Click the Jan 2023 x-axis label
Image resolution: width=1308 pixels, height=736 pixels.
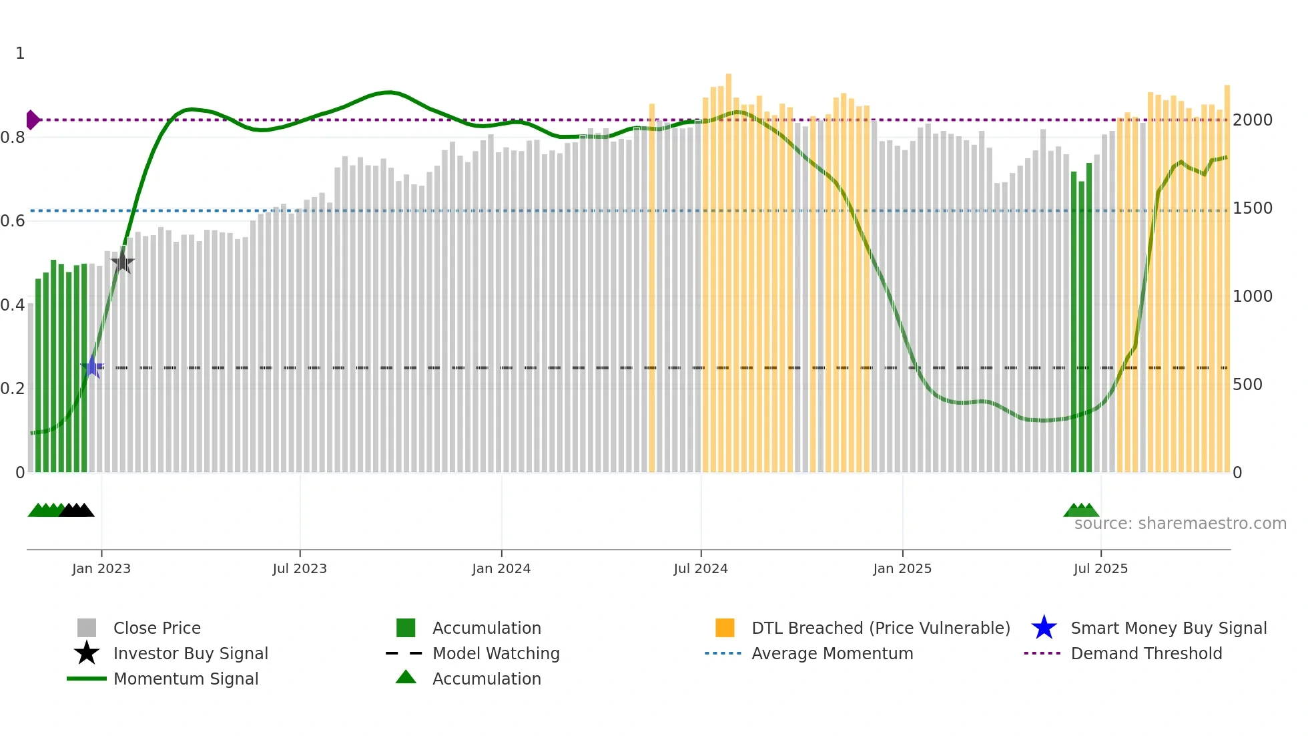pyautogui.click(x=101, y=569)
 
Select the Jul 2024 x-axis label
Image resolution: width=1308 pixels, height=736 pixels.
pyautogui.click(x=701, y=569)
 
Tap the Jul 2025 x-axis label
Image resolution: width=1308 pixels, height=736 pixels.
pyautogui.click(x=1100, y=569)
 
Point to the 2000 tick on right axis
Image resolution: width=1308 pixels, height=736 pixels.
pyautogui.click(x=1253, y=120)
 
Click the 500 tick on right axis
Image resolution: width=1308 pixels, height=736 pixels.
pyautogui.click(x=1247, y=385)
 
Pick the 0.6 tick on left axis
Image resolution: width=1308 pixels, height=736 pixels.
pyautogui.click(x=13, y=221)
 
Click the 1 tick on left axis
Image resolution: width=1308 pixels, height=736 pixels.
pyautogui.click(x=20, y=53)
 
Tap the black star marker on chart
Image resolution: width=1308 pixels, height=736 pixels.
pyautogui.click(x=123, y=262)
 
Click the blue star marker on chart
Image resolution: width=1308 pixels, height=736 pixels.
pyautogui.click(x=92, y=367)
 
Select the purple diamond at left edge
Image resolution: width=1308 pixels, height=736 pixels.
pyautogui.click(x=32, y=120)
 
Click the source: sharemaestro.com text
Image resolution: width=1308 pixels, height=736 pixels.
pyautogui.click(x=1180, y=524)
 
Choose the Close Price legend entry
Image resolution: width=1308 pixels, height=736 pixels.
pyautogui.click(x=157, y=628)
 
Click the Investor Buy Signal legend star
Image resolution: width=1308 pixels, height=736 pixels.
pyautogui.click(x=87, y=653)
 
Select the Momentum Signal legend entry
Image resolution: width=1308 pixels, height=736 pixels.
pyautogui.click(x=186, y=679)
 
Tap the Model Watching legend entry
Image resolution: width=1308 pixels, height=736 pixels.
pyautogui.click(x=495, y=654)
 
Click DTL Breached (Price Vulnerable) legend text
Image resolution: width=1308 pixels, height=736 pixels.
pyautogui.click(x=880, y=628)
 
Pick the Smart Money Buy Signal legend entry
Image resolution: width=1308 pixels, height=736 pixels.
pyautogui.click(x=1168, y=628)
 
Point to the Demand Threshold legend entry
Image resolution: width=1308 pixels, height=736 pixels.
pyautogui.click(x=1146, y=654)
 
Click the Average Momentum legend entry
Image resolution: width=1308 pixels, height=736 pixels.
pyautogui.click(x=832, y=654)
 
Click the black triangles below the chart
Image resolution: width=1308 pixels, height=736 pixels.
pyautogui.click(x=77, y=511)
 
